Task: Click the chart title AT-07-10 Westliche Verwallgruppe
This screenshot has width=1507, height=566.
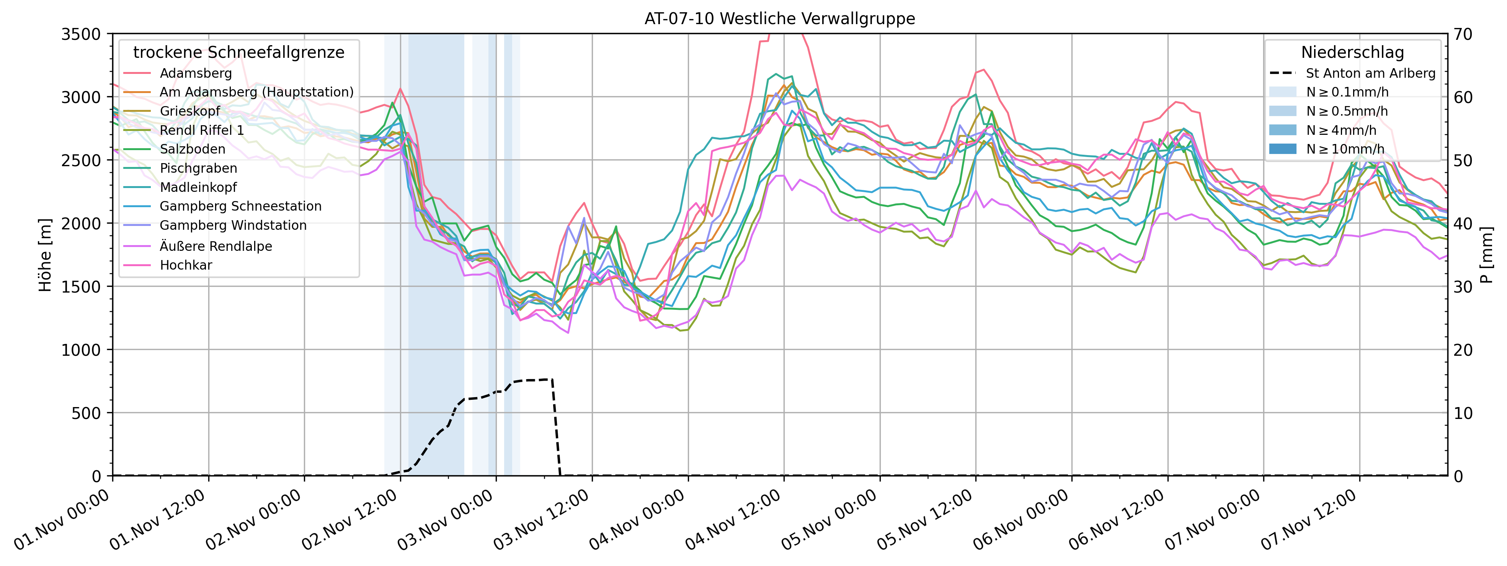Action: (x=779, y=19)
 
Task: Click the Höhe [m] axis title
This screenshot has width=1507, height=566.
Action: (x=45, y=255)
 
